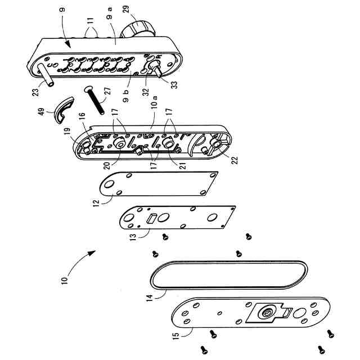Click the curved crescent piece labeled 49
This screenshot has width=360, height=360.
click(x=64, y=110)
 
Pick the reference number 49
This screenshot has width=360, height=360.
click(x=42, y=112)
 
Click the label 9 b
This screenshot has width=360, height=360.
click(x=126, y=96)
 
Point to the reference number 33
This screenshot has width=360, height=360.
click(x=174, y=85)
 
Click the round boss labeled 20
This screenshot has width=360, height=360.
click(x=120, y=142)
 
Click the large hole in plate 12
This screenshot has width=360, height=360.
click(x=109, y=184)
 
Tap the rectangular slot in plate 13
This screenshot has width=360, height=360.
click(x=151, y=218)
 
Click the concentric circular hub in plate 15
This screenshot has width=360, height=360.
click(x=267, y=313)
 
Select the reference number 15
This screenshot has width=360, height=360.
click(x=175, y=336)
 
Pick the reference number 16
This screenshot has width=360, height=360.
click(x=82, y=116)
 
